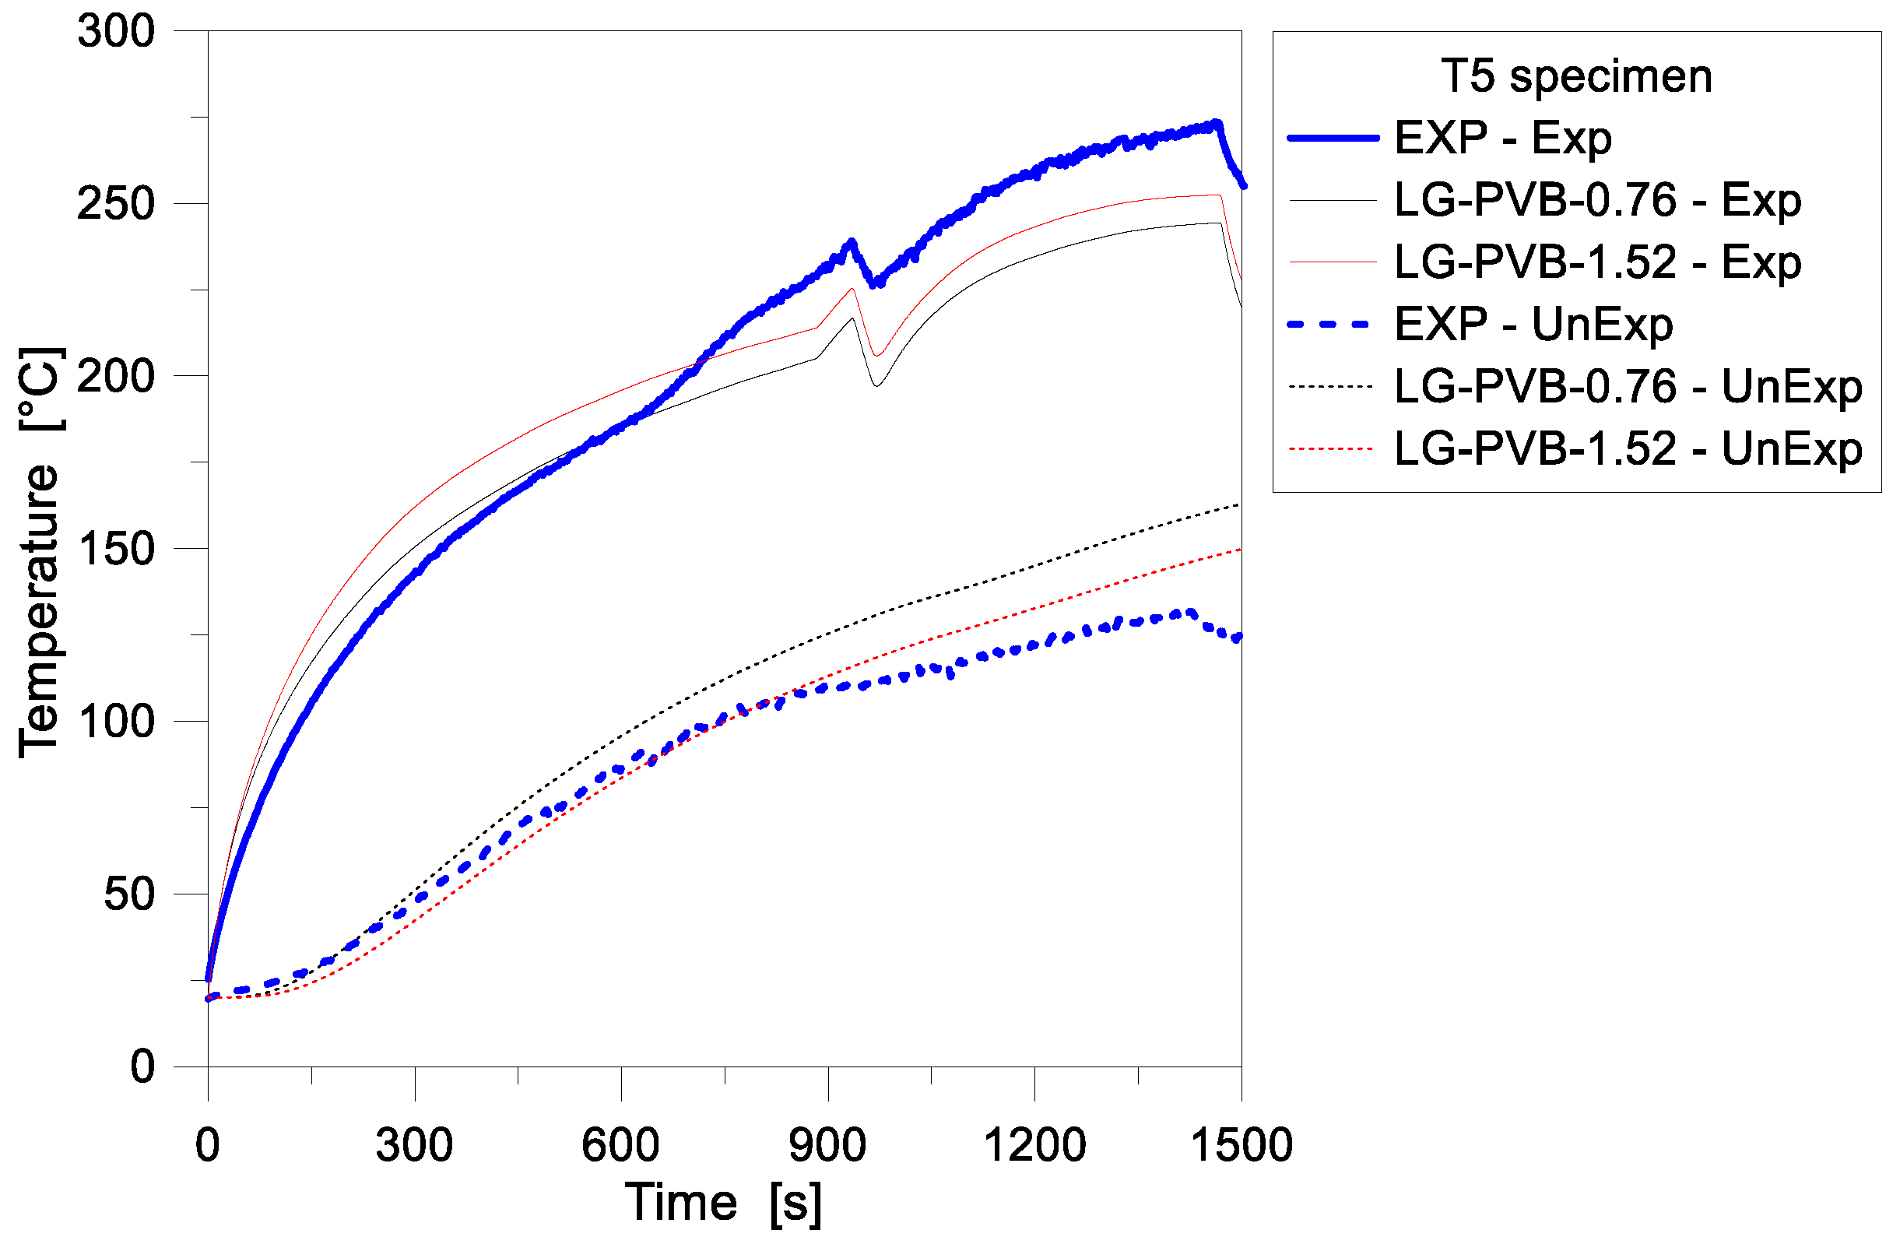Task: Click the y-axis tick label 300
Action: pyautogui.click(x=116, y=32)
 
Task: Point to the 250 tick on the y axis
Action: pyautogui.click(x=116, y=205)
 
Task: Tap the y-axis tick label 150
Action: pyautogui.click(x=116, y=550)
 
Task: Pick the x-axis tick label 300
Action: pyautogui.click(x=414, y=1146)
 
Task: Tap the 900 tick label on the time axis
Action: pyautogui.click(x=827, y=1146)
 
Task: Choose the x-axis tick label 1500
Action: pyautogui.click(x=1241, y=1146)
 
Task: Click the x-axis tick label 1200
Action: pyautogui.click(x=1034, y=1146)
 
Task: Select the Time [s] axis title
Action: pyautogui.click(x=724, y=1204)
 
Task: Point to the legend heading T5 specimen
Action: pyautogui.click(x=1576, y=76)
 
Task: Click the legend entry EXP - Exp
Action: pyautogui.click(x=1503, y=139)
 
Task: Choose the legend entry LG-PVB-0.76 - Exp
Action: pyautogui.click(x=1598, y=200)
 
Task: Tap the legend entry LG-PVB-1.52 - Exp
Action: pyautogui.click(x=1598, y=262)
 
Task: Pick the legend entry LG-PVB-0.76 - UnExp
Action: pyautogui.click(x=1628, y=388)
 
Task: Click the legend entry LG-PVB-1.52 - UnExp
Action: pyautogui.click(x=1628, y=449)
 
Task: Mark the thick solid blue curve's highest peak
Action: pyautogui.click(x=1216, y=124)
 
